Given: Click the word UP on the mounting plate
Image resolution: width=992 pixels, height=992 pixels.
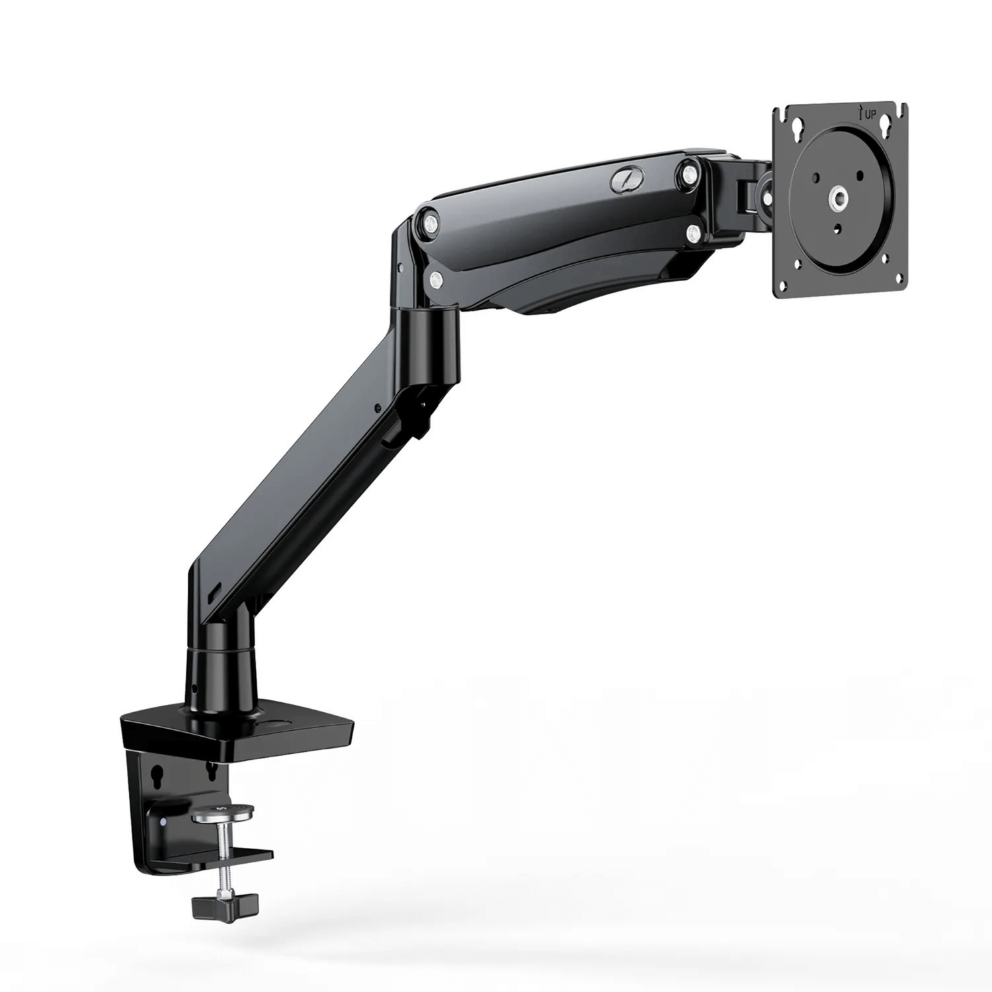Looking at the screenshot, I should click(867, 116).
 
